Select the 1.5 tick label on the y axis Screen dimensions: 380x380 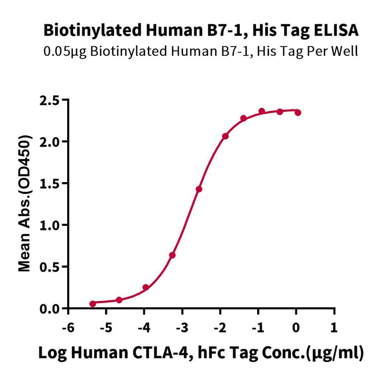[50, 184]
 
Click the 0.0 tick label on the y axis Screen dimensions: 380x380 [50, 309]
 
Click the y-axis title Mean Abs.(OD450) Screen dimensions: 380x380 [24, 204]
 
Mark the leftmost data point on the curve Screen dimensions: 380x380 [93, 303]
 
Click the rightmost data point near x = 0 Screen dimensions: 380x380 [298, 112]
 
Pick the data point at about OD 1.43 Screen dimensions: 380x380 [199, 189]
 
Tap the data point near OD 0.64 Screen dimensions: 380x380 [172, 255]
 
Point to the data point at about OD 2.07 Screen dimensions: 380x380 [225, 136]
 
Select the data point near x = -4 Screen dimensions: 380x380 [146, 287]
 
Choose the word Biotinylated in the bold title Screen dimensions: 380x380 [81, 31]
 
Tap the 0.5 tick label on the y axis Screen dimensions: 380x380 [50, 267]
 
